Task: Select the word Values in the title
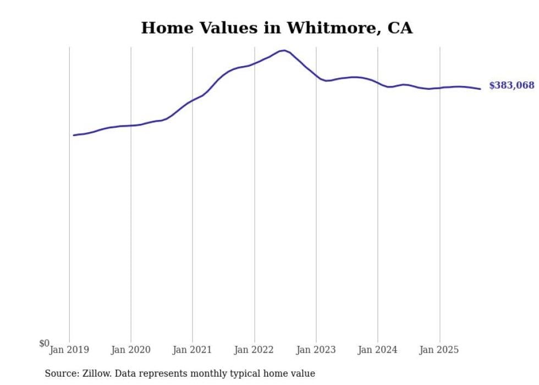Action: pyautogui.click(x=226, y=28)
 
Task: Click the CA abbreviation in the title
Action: pyautogui.click(x=401, y=28)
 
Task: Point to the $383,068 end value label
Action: pyautogui.click(x=512, y=85)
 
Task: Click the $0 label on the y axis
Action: pyautogui.click(x=44, y=344)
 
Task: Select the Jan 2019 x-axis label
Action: pyautogui.click(x=69, y=350)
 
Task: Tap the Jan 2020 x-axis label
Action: pyautogui.click(x=131, y=350)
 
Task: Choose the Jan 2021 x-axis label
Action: pyautogui.click(x=193, y=350)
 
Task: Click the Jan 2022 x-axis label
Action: pyautogui.click(x=254, y=350)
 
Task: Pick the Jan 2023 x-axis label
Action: pyautogui.click(x=316, y=350)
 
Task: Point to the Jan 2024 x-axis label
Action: pyautogui.click(x=378, y=350)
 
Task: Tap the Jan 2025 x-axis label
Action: pyautogui.click(x=439, y=350)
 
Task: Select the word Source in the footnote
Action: pyautogui.click(x=60, y=373)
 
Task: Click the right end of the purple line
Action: pyautogui.click(x=480, y=89)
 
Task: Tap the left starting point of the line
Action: pyautogui.click(x=74, y=135)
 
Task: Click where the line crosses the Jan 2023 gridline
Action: pyautogui.click(x=316, y=77)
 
